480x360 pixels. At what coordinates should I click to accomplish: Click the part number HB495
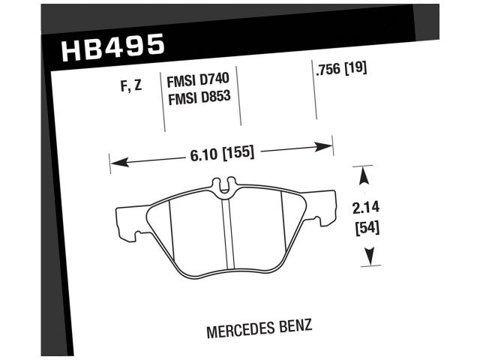coord(111,48)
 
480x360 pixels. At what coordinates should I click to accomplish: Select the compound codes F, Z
coord(130,85)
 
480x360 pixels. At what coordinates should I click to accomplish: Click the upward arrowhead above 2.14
coord(365,175)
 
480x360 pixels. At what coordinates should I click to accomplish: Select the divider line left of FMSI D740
coord(164,101)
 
